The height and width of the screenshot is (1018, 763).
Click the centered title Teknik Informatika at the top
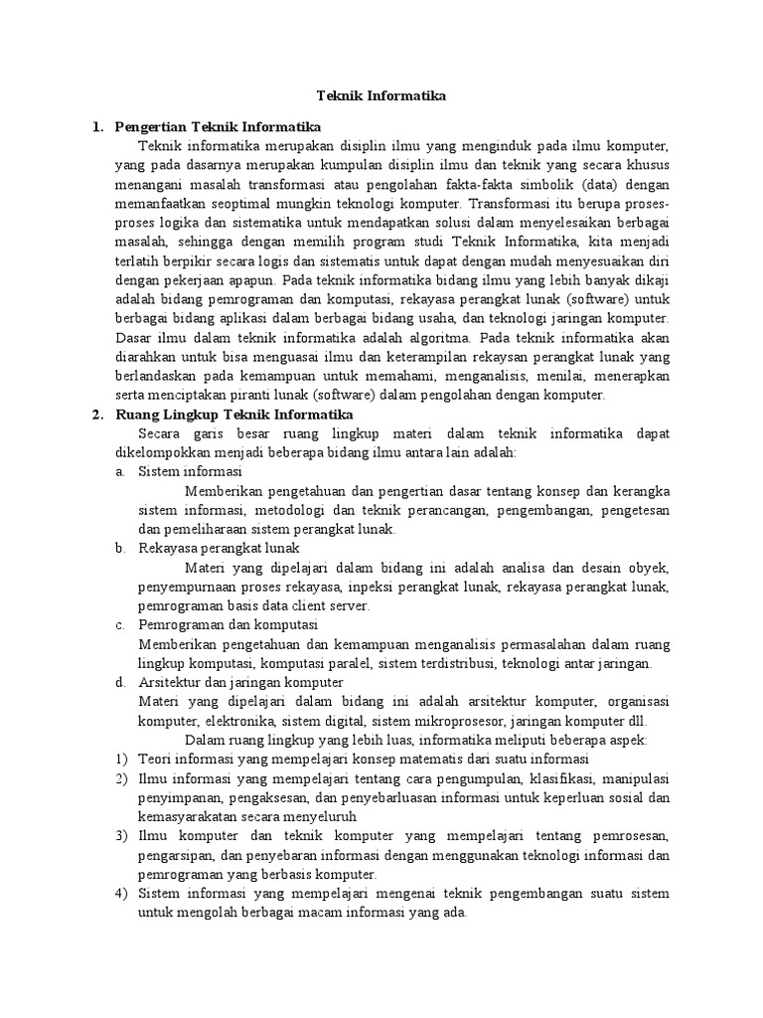point(381,96)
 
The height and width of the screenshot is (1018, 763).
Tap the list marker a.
point(119,471)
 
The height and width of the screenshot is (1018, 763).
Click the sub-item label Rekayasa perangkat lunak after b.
point(218,548)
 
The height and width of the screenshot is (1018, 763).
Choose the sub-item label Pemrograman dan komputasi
point(227,624)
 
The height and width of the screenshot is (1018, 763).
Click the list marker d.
point(119,682)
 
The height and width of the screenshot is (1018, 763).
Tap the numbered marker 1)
point(120,760)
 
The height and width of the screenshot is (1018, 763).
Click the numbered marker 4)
point(120,894)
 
